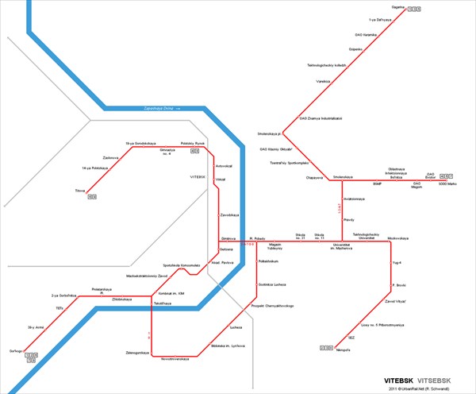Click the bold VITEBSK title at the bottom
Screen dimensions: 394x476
click(401, 380)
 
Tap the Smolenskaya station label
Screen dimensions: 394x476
click(343, 176)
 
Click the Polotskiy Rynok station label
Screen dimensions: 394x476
click(193, 144)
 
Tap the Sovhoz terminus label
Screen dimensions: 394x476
click(14, 350)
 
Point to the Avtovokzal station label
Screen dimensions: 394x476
click(224, 165)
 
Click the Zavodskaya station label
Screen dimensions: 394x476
click(229, 214)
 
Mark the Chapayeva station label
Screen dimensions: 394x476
click(305, 178)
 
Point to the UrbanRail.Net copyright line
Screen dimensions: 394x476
click(420, 388)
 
